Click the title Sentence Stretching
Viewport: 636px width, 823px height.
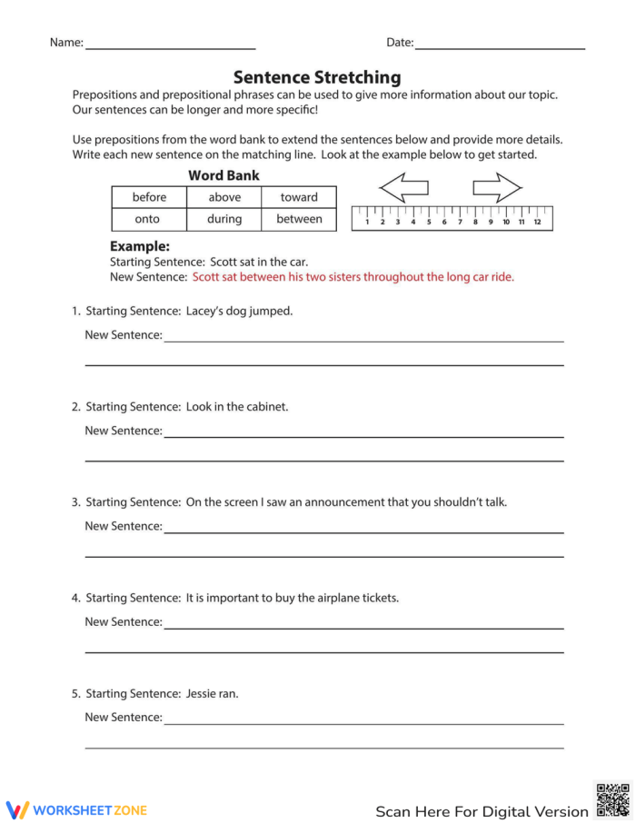pos(317,77)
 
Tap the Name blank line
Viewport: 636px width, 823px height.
pos(170,45)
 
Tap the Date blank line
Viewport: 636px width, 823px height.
pos(499,45)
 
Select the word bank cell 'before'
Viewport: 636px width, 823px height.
pos(149,197)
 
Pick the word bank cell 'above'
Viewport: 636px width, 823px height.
pos(224,197)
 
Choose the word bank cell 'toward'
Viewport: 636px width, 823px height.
pos(299,197)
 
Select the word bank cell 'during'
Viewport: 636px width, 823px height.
pos(224,219)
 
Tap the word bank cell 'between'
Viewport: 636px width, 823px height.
pos(299,219)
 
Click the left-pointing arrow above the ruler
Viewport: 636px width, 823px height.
pos(403,189)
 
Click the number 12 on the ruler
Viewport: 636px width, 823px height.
pos(537,222)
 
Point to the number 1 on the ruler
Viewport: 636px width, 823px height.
pos(367,222)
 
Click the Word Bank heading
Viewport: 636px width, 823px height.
pos(224,175)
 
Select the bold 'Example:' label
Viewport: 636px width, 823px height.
pos(140,246)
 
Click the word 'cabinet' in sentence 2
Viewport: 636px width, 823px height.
pos(267,406)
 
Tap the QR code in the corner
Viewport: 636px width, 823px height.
pos(612,799)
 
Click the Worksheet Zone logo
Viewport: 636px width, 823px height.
pos(76,809)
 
